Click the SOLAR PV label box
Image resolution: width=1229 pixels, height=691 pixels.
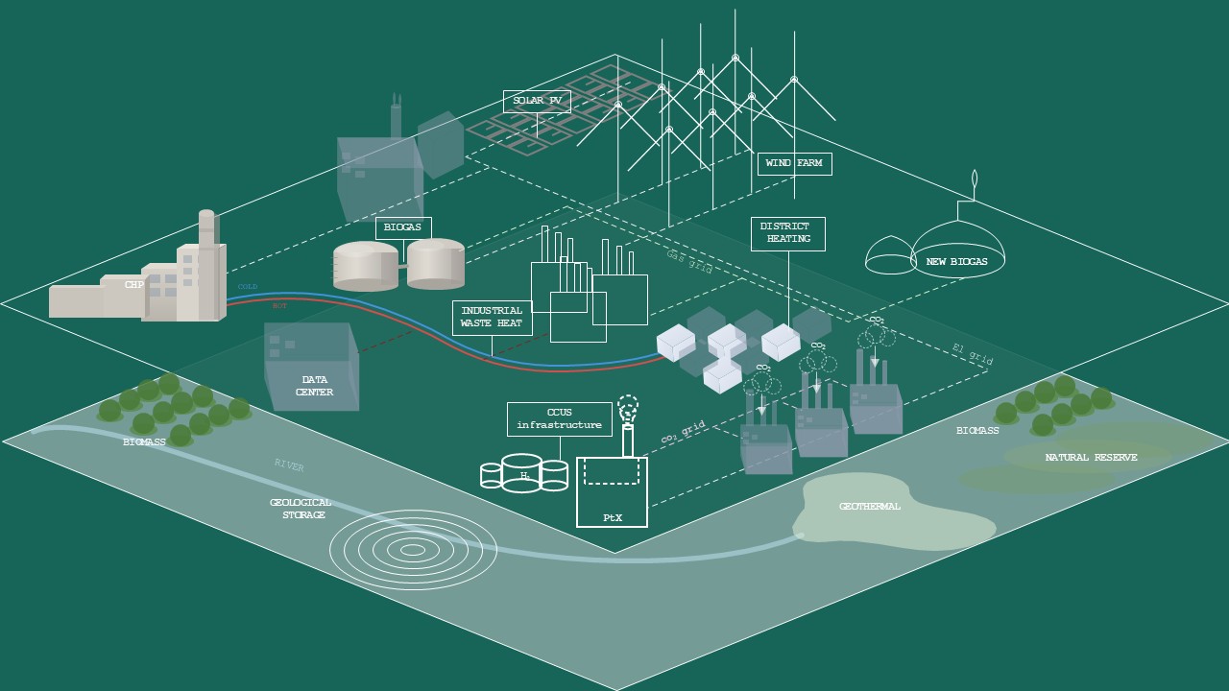click(x=537, y=102)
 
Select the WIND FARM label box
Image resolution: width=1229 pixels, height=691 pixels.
click(x=794, y=163)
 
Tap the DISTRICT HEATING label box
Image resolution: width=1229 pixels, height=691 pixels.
click(x=787, y=233)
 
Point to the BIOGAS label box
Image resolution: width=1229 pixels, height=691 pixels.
click(x=403, y=228)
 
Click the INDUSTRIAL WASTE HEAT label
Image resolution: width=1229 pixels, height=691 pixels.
click(x=492, y=318)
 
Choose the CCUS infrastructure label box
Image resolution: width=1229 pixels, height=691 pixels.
click(x=559, y=419)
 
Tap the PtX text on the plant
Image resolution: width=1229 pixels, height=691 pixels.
click(x=612, y=518)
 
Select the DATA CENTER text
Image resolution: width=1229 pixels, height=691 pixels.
click(x=315, y=386)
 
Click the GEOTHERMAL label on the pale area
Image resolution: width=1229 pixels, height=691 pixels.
click(x=869, y=507)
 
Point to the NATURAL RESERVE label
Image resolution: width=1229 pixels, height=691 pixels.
click(x=1091, y=458)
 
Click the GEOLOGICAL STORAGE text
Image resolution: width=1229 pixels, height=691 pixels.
click(x=301, y=509)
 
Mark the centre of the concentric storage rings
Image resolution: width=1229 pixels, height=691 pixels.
click(x=413, y=550)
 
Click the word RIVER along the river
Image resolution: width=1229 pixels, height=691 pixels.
click(x=289, y=466)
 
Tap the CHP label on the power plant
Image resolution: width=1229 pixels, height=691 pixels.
click(x=133, y=285)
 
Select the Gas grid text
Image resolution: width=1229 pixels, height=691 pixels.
click(x=689, y=262)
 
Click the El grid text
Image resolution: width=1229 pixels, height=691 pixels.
click(x=972, y=354)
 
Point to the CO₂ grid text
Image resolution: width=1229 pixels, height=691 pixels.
click(x=683, y=433)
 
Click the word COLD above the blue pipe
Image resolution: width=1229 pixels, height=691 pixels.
click(x=248, y=287)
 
